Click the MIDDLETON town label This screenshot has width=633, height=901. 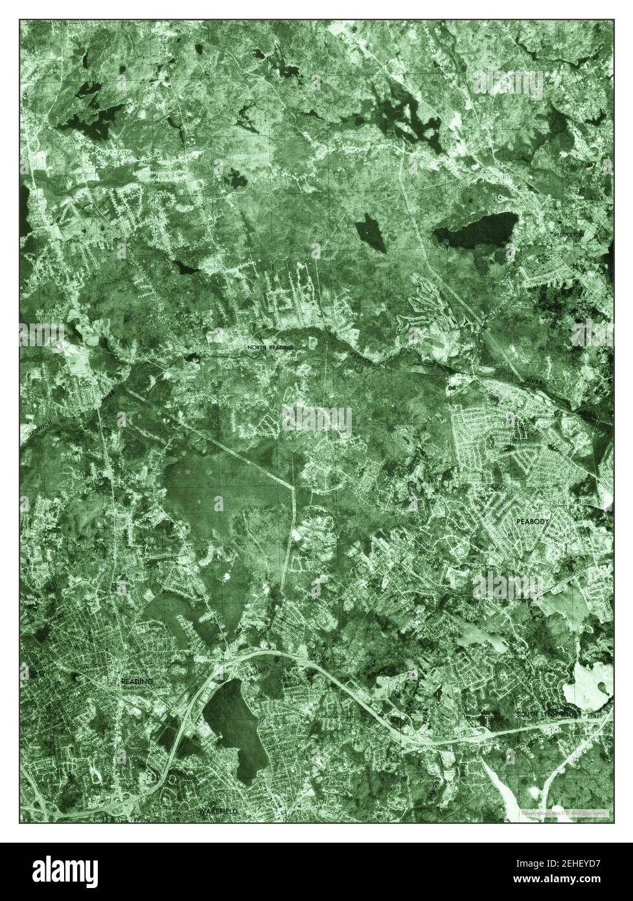[x=568, y=233]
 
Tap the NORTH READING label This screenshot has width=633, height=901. [x=270, y=347]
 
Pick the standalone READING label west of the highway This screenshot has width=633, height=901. [x=137, y=682]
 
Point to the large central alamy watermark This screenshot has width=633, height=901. [x=317, y=421]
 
